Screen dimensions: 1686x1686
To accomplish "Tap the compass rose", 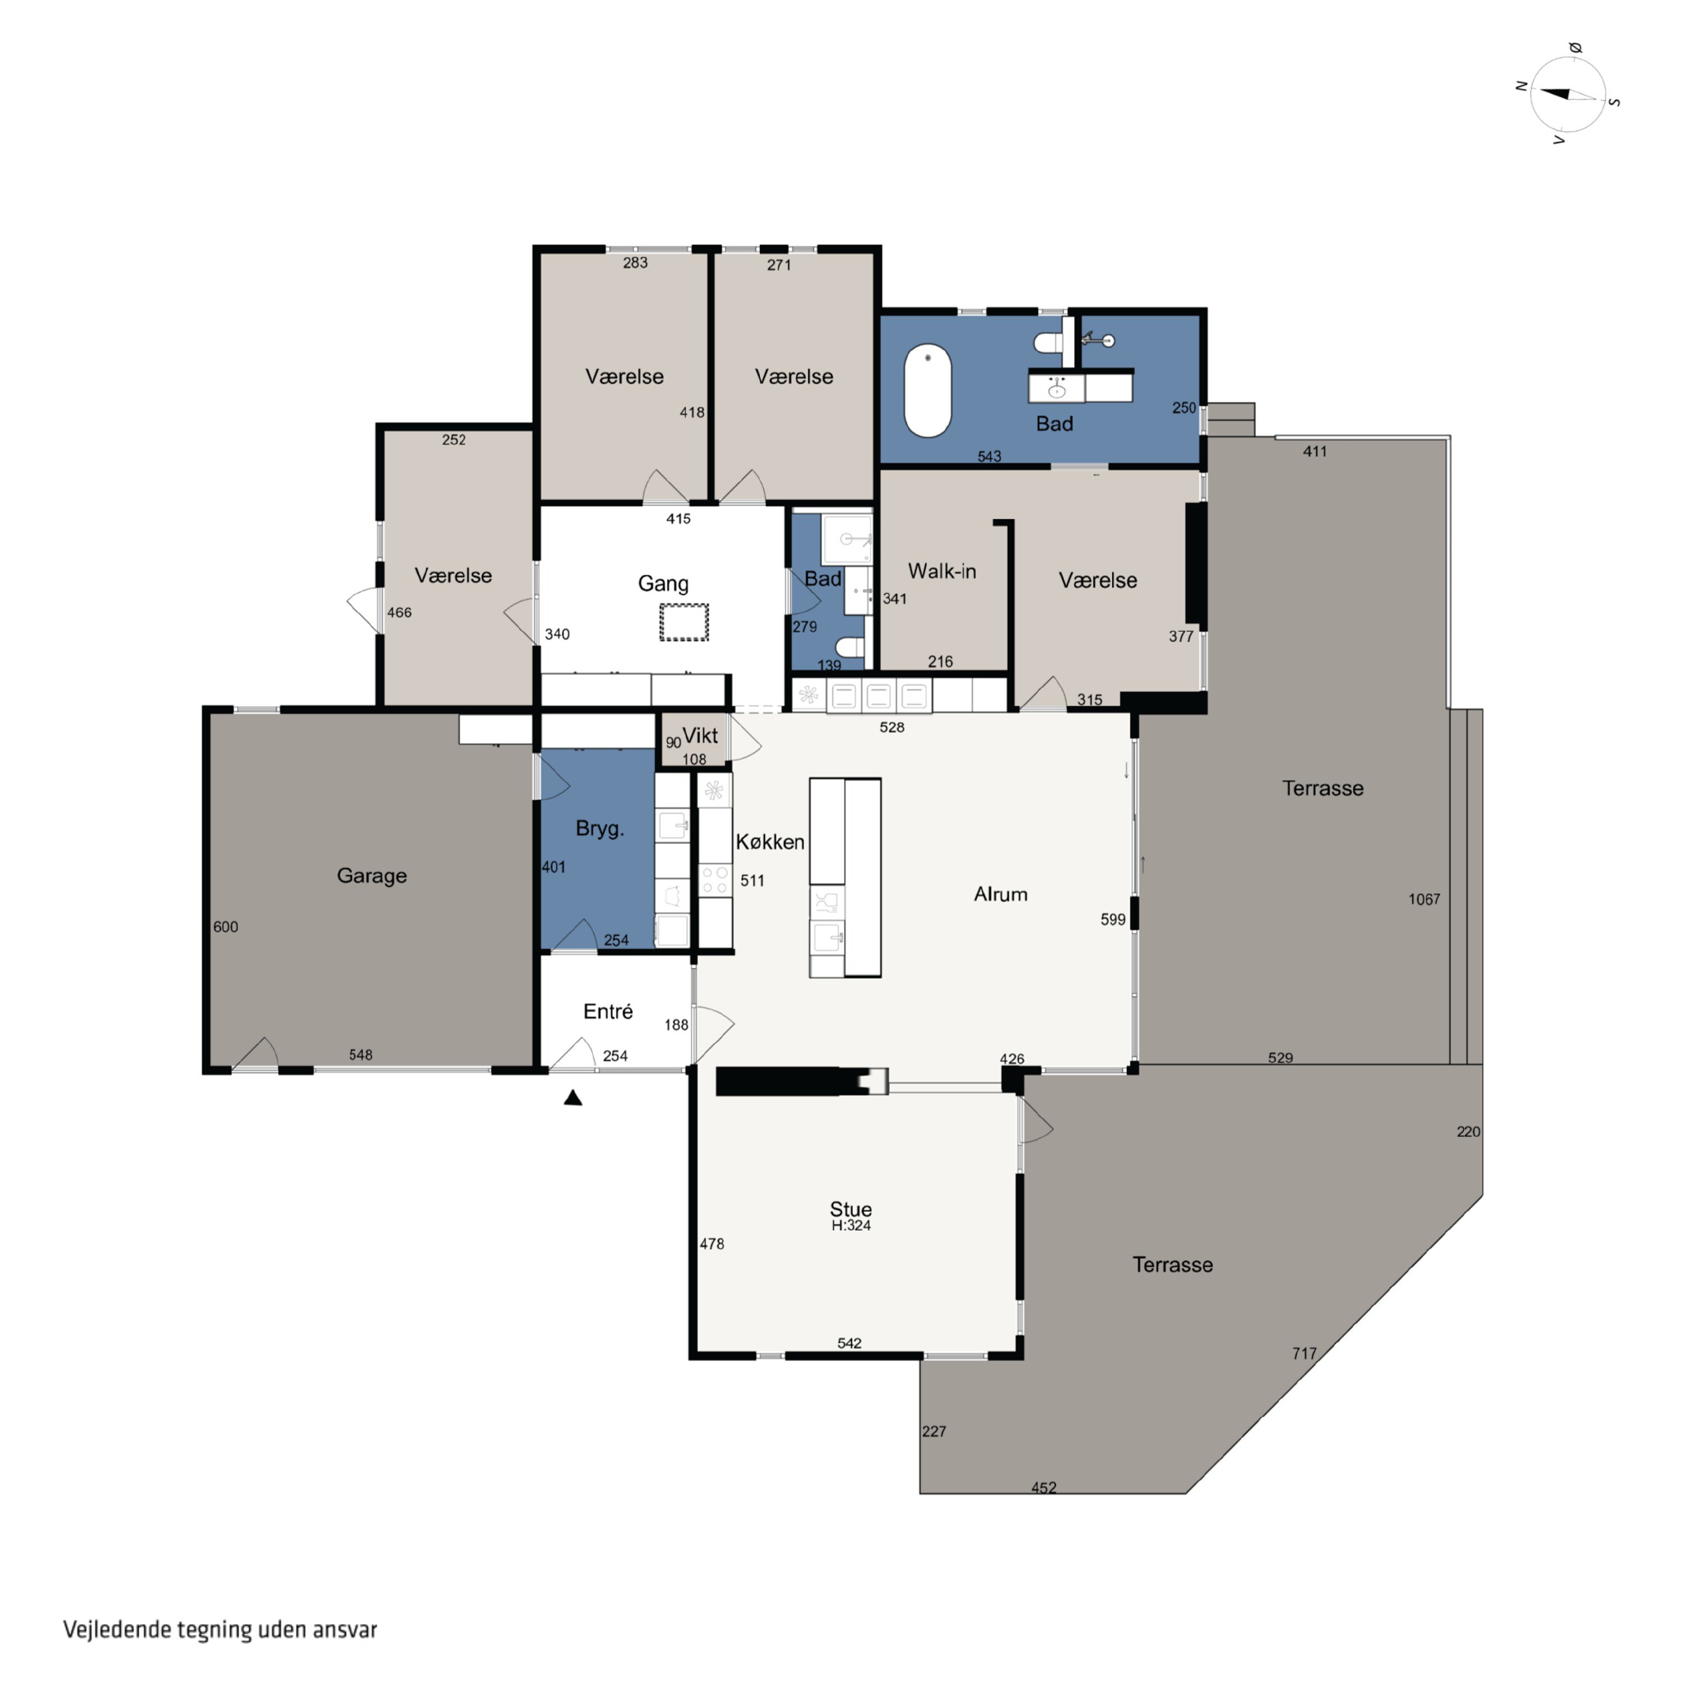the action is pos(1568,95).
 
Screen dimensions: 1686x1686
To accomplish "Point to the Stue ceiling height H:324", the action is pos(851,1225).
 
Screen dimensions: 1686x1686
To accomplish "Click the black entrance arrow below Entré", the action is pos(573,1098).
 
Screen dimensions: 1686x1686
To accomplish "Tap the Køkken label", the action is pos(770,842).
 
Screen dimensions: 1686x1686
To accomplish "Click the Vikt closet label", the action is pos(700,736).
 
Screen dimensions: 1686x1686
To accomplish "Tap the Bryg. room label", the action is pos(600,829).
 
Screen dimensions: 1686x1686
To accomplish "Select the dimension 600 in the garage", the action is pos(225,927).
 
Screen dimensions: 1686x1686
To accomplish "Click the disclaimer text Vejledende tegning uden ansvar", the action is pos(220,1629).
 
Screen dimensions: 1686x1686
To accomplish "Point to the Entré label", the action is pos(608,1012).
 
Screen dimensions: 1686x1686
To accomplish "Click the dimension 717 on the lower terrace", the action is pos(1304,1353).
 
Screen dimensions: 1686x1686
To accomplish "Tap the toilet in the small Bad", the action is pos(850,647).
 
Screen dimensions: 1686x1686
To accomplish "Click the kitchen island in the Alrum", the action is pos(845,877).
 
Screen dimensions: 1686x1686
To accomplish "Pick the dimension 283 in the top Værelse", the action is pos(635,262).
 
